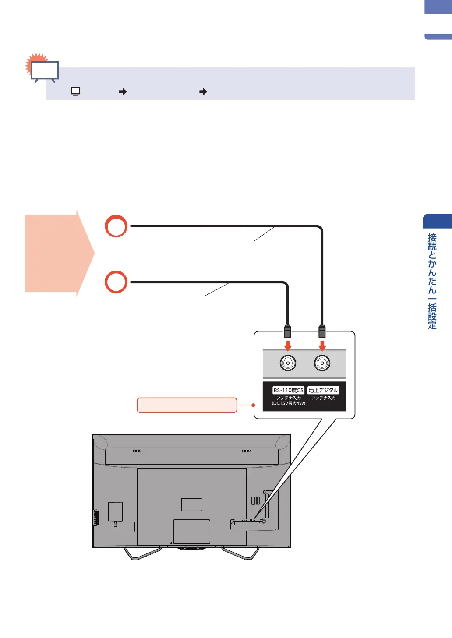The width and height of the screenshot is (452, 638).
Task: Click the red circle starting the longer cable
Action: (116, 226)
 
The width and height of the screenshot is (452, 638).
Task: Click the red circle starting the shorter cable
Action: (116, 282)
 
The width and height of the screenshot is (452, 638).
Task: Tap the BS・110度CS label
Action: (288, 390)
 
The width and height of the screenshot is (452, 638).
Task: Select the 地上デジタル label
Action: (323, 390)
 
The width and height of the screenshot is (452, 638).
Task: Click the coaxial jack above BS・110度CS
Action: (288, 363)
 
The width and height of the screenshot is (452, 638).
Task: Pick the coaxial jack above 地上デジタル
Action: (322, 363)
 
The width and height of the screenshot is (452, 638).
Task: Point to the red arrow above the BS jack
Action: (288, 345)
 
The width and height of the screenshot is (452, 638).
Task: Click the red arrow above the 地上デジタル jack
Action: (322, 345)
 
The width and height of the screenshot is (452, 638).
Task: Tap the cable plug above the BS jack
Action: (288, 331)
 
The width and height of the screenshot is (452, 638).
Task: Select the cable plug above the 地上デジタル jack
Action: (322, 331)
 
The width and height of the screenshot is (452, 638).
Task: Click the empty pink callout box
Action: (187, 405)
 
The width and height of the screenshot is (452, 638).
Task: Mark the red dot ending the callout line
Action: (253, 405)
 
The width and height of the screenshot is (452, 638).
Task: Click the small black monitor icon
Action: (75, 92)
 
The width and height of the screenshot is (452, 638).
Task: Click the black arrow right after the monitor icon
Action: (123, 92)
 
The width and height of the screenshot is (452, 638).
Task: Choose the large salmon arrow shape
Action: (59, 253)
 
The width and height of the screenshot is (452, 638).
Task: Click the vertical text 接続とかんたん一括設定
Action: (432, 281)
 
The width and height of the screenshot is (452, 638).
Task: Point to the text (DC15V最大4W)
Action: (288, 403)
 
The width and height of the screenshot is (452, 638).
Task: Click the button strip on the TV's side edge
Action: (95, 518)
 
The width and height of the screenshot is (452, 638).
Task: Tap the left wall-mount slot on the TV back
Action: (137, 451)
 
